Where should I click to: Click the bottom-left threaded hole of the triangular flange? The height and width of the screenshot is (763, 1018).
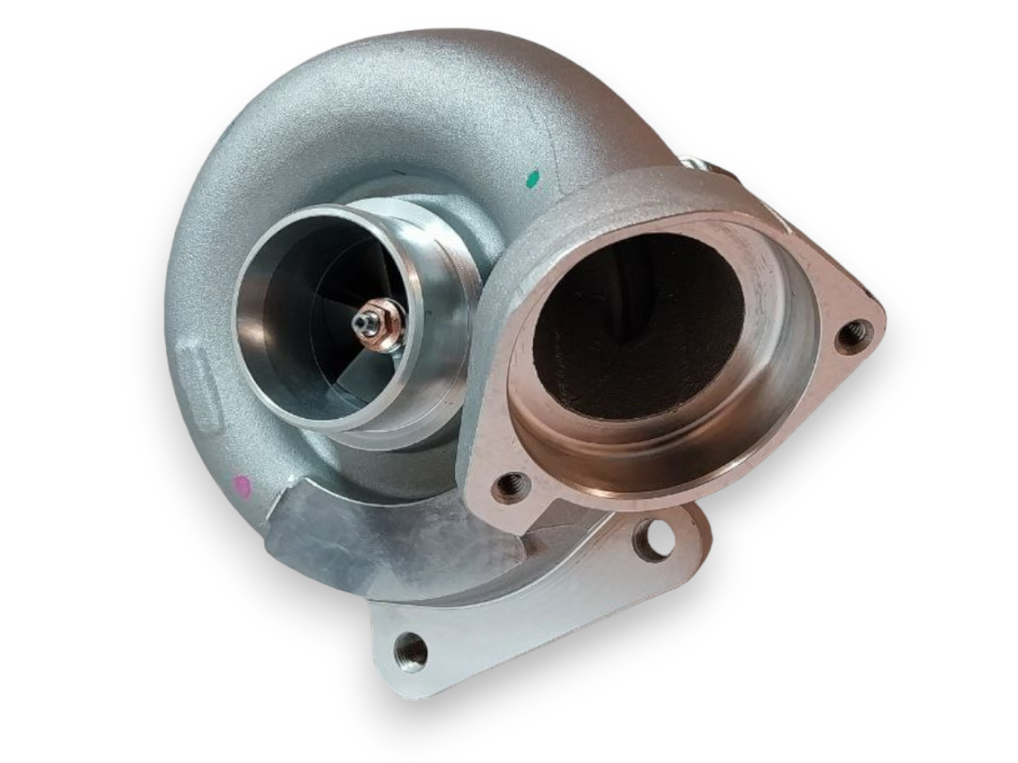pos(508,485)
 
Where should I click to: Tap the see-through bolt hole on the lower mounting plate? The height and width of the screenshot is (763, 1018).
pos(655,539)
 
